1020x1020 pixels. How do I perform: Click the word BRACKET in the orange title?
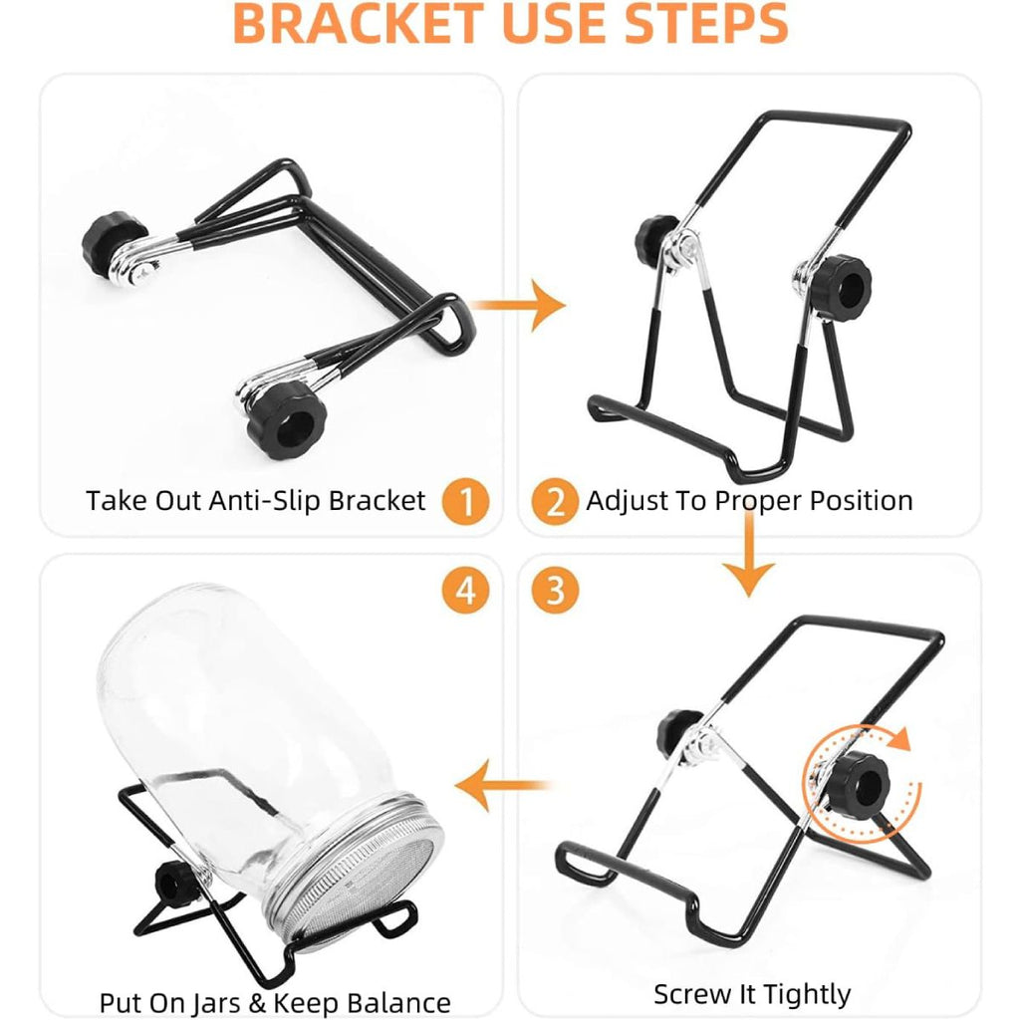click(359, 24)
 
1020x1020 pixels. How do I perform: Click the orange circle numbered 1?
click(465, 501)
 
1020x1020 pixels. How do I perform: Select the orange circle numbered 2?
click(555, 501)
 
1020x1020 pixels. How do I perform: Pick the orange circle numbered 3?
click(555, 591)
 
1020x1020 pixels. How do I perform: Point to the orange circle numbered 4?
click(465, 591)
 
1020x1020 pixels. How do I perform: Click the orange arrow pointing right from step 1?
click(517, 305)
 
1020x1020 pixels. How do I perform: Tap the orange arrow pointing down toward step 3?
click(749, 553)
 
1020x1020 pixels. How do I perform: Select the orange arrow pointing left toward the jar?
click(502, 785)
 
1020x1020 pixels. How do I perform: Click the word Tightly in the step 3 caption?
click(807, 994)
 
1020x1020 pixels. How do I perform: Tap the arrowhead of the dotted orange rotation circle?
click(900, 740)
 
